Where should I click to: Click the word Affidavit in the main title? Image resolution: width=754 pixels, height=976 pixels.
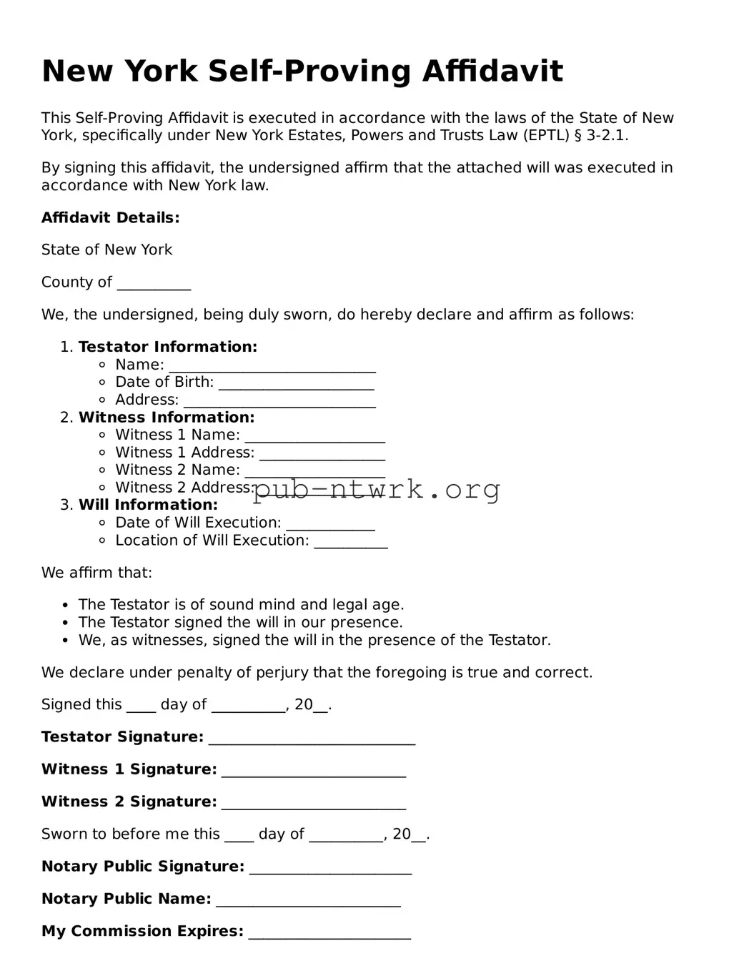[x=492, y=72]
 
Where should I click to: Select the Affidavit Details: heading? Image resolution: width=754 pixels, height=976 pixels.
[x=111, y=218]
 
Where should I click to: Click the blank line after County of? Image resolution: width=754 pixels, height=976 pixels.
[x=154, y=284]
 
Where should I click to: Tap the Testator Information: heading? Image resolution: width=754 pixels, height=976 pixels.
[x=167, y=347]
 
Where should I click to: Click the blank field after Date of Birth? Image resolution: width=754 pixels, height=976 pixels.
[x=296, y=384]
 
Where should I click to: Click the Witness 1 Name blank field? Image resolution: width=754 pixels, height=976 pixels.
[x=314, y=437]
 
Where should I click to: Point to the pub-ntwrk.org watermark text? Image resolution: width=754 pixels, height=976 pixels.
[x=377, y=490]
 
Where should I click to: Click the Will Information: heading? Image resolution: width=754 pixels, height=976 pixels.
[x=148, y=505]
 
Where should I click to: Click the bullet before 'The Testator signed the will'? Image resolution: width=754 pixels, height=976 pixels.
[x=66, y=623]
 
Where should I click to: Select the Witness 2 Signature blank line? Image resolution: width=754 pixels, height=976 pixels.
[x=313, y=804]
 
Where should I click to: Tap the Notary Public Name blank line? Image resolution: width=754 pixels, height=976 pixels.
[x=308, y=901]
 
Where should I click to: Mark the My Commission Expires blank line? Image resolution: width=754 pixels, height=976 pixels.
[x=329, y=933]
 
